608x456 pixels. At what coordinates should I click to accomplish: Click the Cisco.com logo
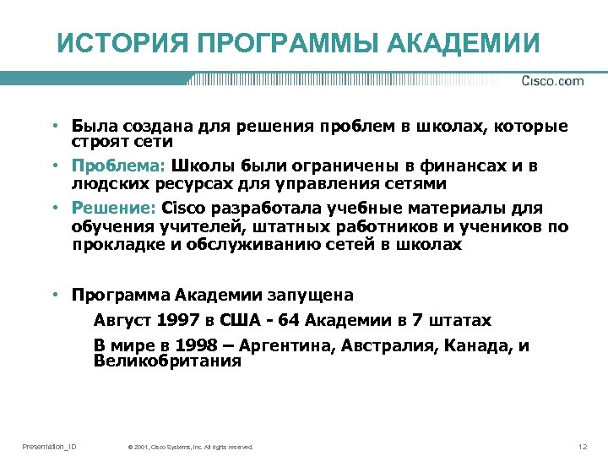552,81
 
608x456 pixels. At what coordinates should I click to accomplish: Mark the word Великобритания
167,361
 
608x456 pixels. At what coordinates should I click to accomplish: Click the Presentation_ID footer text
49,446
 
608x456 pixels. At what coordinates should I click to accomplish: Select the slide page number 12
581,446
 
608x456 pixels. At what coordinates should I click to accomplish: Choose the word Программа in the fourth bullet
121,296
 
